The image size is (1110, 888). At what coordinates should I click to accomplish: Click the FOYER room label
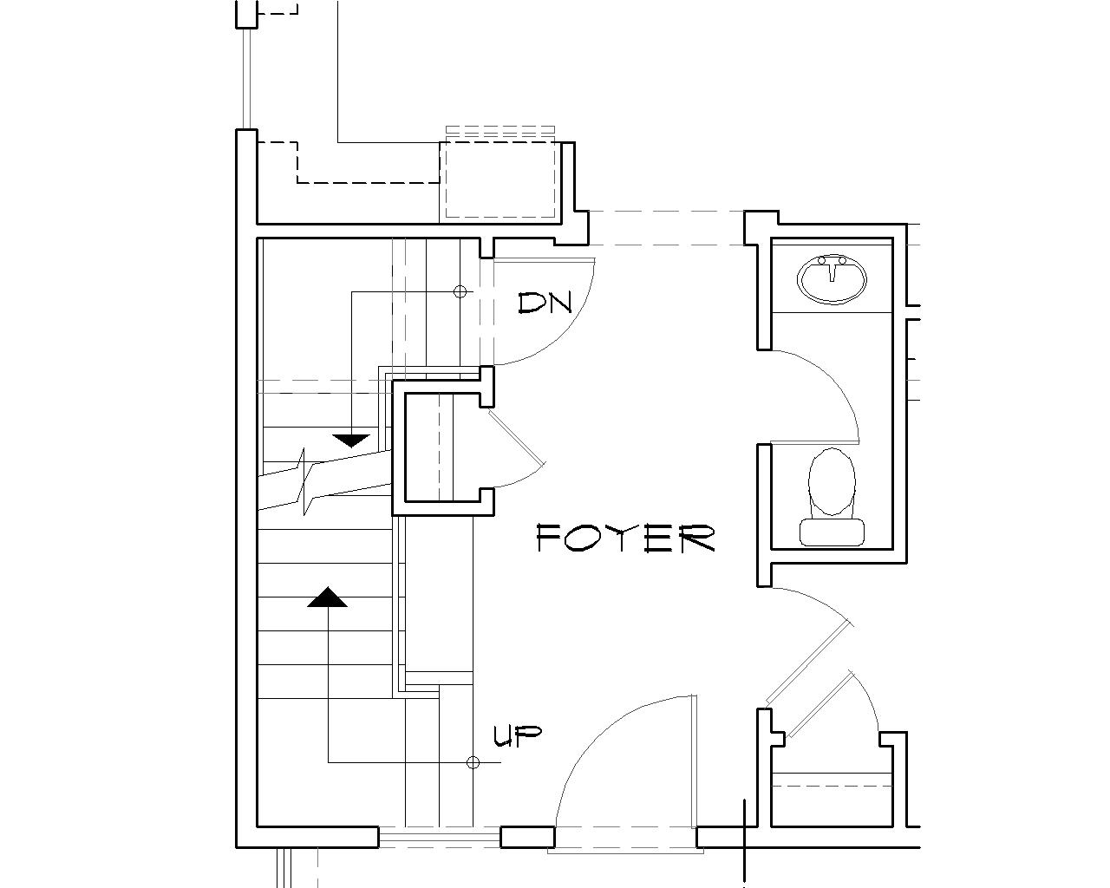[625, 539]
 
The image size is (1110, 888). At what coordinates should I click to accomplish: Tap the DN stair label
[545, 303]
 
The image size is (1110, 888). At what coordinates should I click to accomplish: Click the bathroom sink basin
[832, 278]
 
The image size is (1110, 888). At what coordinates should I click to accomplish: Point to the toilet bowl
[832, 481]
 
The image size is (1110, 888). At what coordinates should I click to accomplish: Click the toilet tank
[832, 532]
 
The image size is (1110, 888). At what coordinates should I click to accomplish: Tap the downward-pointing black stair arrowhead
[350, 441]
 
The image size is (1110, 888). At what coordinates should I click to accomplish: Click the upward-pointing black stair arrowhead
[328, 597]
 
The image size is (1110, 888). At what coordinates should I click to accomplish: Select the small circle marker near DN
[460, 292]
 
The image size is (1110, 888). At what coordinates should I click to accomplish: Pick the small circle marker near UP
[473, 762]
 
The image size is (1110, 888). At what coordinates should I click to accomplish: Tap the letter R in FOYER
[699, 539]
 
